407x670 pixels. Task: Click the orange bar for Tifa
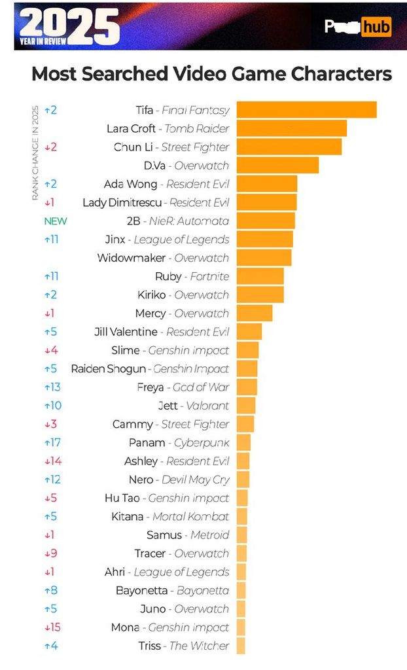coord(306,110)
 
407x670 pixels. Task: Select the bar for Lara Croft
coord(291,128)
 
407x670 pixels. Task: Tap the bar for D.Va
coord(277,166)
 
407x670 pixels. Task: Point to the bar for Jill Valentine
coord(249,332)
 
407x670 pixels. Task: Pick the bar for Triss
coord(241,646)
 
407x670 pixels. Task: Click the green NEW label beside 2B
coord(56,221)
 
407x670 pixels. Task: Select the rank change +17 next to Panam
coord(52,443)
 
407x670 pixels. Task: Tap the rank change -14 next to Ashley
coord(52,461)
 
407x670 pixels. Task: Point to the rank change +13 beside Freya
coord(52,387)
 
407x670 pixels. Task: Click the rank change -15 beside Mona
coord(52,627)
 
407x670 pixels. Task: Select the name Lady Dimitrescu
coord(122,203)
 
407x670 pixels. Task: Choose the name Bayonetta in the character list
coord(142,591)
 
